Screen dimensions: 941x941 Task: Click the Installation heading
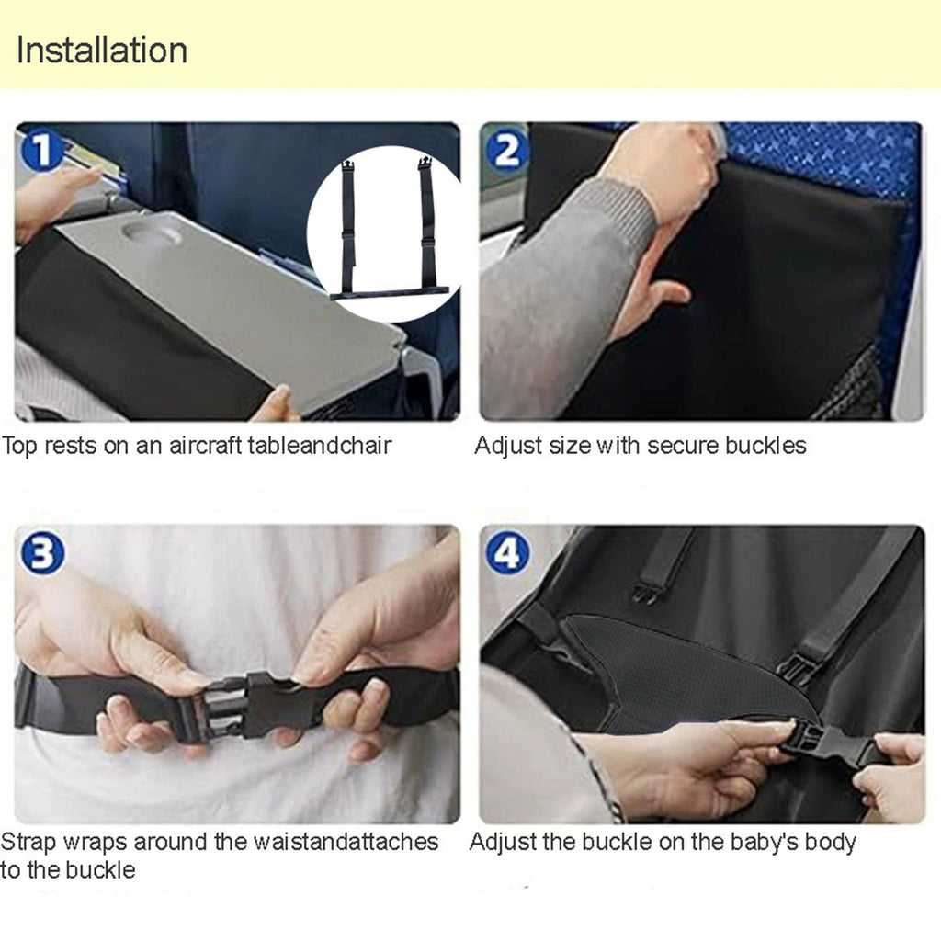click(x=101, y=50)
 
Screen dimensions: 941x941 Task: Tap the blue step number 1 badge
click(x=40, y=151)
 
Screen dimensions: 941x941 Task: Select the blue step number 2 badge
click(x=507, y=151)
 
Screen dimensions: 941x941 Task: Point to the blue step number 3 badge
click(x=42, y=553)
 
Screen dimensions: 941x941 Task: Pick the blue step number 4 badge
click(x=507, y=553)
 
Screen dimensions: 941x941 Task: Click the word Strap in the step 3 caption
click(x=28, y=842)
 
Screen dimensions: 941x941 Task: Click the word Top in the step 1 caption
click(x=19, y=446)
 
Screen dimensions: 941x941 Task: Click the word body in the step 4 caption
click(x=831, y=842)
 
